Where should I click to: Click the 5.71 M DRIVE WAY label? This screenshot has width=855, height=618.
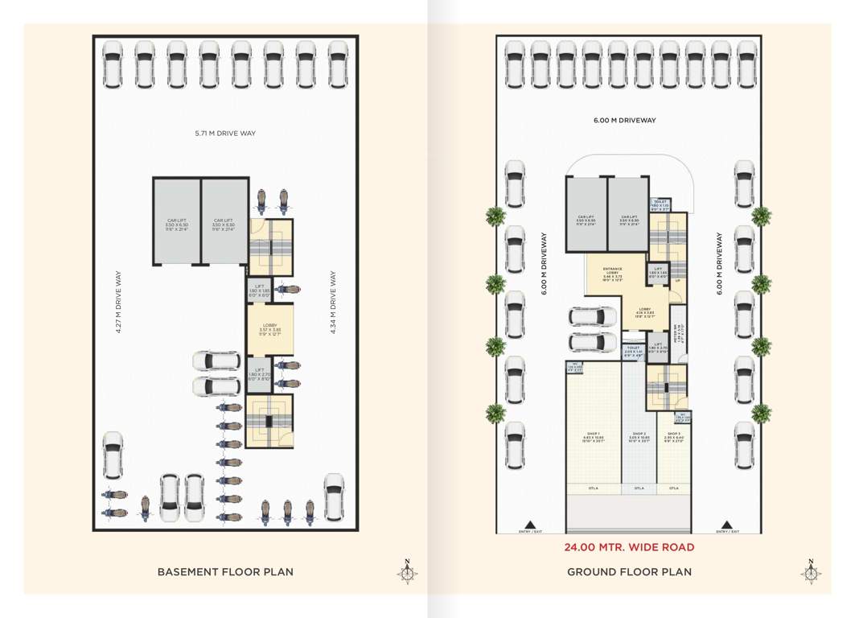pyautogui.click(x=225, y=133)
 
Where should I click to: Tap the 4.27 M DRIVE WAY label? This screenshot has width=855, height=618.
pyautogui.click(x=118, y=303)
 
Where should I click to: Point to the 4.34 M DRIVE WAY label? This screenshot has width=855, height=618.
pyautogui.click(x=333, y=303)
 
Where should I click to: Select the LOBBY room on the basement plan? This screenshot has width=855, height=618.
pyautogui.click(x=269, y=329)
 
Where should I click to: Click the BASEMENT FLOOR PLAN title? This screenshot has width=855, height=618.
pyautogui.click(x=225, y=572)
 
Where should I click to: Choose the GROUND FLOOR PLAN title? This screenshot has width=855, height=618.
pyautogui.click(x=630, y=572)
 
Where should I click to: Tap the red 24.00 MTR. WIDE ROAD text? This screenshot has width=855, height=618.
pyautogui.click(x=629, y=547)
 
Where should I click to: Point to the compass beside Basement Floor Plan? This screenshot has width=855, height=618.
pyautogui.click(x=408, y=572)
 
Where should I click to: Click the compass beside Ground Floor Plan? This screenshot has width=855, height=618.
pyautogui.click(x=811, y=572)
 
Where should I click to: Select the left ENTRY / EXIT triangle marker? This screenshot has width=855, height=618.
pyautogui.click(x=529, y=524)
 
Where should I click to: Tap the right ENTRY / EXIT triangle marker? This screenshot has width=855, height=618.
pyautogui.click(x=727, y=524)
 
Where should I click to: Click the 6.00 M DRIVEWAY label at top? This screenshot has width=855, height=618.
pyautogui.click(x=625, y=121)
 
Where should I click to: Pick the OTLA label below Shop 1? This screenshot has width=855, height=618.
pyautogui.click(x=594, y=488)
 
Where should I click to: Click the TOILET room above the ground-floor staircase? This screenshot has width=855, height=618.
pyautogui.click(x=660, y=204)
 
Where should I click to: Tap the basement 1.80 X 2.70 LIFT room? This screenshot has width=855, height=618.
pyautogui.click(x=258, y=374)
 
